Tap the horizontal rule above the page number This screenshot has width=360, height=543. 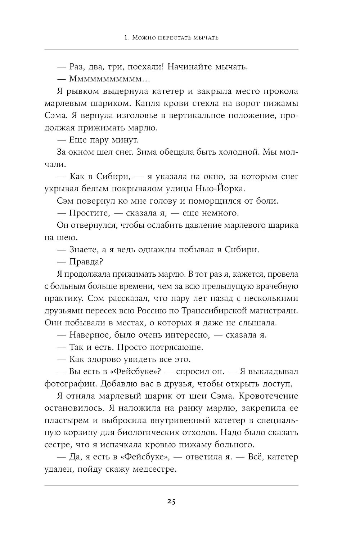pos(171,485)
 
